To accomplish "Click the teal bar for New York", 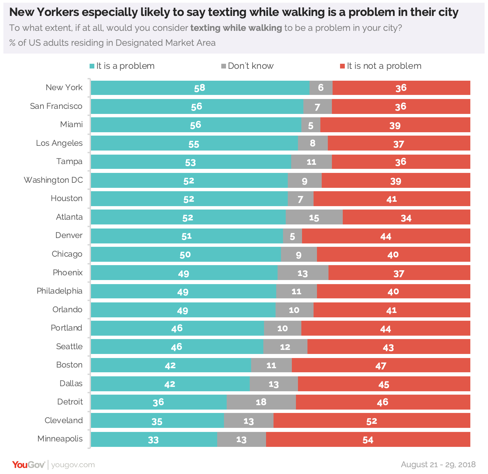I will coord(200,88).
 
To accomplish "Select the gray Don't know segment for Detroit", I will coord(261,402).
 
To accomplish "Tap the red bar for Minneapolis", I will coord(368,439).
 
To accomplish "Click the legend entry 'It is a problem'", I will coord(122,66).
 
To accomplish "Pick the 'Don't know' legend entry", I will coord(247,66).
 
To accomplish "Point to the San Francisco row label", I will coord(56,106).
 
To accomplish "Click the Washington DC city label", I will coord(53,180).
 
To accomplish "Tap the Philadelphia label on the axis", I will coord(59,291).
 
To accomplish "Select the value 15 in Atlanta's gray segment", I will coord(314,218).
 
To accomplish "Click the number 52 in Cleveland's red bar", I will coord(372,421).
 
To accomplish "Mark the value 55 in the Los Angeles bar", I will coord(194,144).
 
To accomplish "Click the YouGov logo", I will coord(28,465).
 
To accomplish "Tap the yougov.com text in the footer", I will coord(73,465).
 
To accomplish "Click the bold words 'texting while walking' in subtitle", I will coord(236,28).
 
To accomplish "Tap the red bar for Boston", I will coord(381,366).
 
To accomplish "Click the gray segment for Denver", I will coord(292,236).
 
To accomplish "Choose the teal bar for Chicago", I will coord(185,254).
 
